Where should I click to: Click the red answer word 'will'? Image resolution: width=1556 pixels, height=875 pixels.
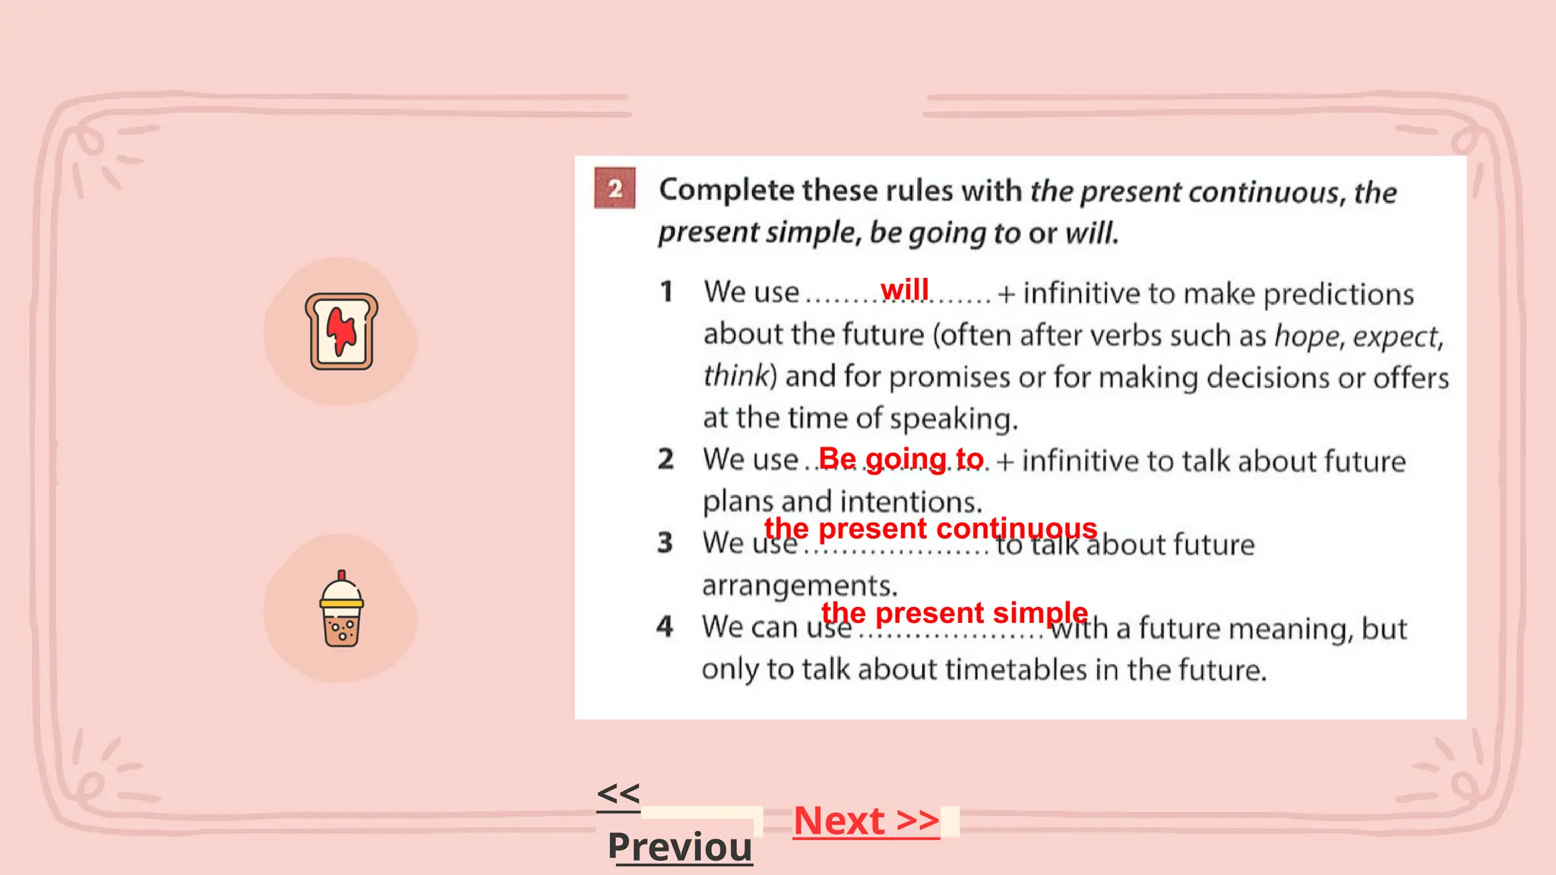904,289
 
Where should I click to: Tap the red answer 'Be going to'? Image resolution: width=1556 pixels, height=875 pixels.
900,459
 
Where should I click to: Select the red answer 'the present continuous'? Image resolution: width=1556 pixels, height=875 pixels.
930,528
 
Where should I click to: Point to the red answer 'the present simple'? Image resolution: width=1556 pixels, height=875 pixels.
954,612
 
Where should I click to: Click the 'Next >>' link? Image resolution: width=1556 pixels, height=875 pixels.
866,820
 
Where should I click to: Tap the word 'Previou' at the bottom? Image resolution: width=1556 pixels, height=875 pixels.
680,847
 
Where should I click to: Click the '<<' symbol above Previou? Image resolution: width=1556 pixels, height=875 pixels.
618,794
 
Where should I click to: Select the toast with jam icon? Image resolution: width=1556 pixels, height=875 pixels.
341,331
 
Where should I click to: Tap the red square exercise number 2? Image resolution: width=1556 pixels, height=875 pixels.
615,188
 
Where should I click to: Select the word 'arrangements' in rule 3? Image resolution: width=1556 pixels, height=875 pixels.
799,586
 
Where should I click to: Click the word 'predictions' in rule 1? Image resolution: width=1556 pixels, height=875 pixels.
1338,294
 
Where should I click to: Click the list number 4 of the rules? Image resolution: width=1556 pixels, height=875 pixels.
665,627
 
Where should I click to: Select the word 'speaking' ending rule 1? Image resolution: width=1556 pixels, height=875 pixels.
953,419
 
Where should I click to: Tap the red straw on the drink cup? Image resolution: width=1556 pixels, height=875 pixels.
342,575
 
